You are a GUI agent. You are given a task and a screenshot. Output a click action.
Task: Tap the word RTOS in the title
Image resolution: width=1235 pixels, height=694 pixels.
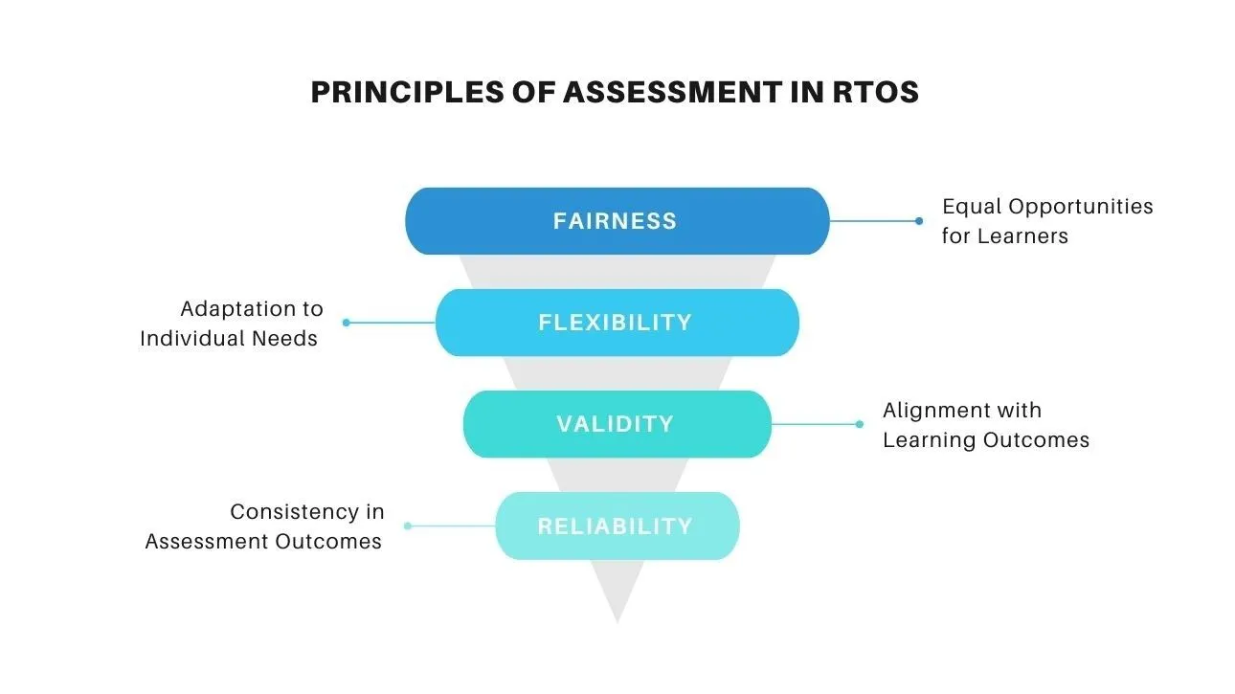point(876,92)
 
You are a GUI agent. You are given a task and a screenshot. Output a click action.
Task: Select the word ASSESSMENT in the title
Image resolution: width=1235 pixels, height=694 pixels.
point(673,92)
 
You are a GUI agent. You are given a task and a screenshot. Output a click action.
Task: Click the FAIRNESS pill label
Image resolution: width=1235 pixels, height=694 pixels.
point(615,221)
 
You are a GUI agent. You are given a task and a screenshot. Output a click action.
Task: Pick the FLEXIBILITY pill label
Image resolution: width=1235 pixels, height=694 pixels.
point(615,323)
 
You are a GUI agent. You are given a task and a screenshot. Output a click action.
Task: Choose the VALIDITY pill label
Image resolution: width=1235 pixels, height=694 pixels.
point(615,424)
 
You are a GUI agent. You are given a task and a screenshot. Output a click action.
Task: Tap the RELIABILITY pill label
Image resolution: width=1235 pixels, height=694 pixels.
point(615,526)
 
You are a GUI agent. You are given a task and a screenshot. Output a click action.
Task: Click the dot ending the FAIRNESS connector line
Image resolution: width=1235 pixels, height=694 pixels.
point(918,221)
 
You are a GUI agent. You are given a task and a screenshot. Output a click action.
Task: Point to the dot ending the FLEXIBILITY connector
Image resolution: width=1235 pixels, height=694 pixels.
point(347,323)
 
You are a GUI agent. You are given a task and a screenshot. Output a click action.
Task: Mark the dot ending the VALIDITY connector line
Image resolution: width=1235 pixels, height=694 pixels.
point(860,424)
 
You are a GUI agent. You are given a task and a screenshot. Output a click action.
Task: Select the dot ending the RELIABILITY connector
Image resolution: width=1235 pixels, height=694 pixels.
point(408,526)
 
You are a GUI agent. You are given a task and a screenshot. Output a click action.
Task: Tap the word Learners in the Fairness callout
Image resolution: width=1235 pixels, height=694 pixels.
point(1022,235)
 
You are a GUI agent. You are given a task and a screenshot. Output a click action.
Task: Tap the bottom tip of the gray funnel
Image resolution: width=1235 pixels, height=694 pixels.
point(617,623)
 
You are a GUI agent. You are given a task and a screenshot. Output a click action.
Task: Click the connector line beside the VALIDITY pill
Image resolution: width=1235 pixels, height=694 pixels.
point(814,424)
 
